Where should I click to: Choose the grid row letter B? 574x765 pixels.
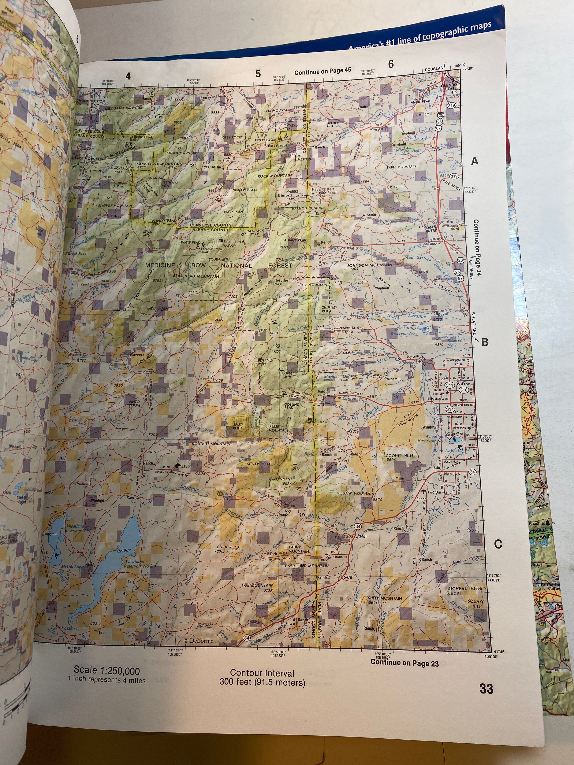(x=485, y=342)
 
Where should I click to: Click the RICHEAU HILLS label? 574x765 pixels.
(x=465, y=588)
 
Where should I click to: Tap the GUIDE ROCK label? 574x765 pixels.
(x=228, y=547)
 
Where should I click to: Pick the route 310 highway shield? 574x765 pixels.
(x=464, y=390)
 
